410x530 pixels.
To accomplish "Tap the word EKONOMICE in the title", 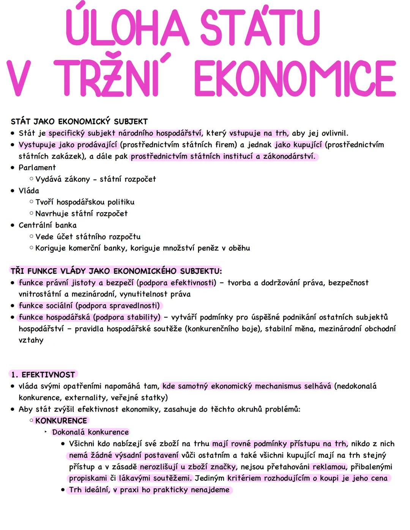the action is point(295,79).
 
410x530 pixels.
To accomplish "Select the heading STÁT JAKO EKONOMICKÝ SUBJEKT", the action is point(79,122).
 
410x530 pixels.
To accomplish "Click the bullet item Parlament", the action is point(37,168).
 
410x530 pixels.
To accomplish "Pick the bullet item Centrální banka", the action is point(47,225).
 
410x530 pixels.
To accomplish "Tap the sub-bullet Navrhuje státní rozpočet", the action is point(81,214).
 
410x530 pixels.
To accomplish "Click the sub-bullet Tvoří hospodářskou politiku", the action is point(85,202).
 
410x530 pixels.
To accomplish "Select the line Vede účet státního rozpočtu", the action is point(88,237).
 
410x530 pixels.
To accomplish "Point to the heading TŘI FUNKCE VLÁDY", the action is point(116,271).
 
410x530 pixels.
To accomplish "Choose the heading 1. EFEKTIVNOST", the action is point(43,375).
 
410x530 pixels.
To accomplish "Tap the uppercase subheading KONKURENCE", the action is point(61,421).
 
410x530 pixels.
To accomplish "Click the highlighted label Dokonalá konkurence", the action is point(90,432).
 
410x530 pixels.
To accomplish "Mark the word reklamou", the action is point(329,467).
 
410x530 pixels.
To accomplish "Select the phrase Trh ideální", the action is point(89,490).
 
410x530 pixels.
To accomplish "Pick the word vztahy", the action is point(31,340).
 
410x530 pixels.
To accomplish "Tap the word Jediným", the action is point(210,478).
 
